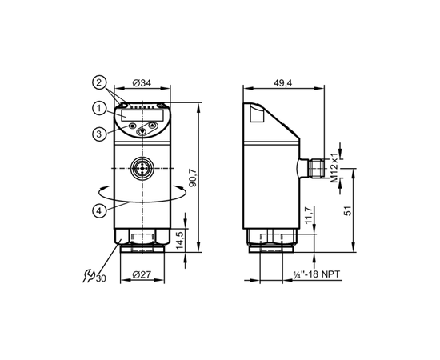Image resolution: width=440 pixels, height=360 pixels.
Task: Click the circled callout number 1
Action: (x=99, y=109)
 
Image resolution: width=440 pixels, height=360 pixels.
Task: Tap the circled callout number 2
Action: (x=99, y=82)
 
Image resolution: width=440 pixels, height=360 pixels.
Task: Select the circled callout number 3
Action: (x=99, y=134)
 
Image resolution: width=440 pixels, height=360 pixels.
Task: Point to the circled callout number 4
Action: (x=99, y=210)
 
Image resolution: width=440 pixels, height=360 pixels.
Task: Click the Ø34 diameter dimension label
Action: (x=142, y=83)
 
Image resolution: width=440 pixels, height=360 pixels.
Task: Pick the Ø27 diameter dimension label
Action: (x=142, y=274)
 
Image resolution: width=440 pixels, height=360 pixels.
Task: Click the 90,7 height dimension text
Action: (x=194, y=178)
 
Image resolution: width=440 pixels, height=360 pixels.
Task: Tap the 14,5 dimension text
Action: (x=180, y=240)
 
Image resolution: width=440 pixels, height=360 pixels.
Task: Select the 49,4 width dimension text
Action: (x=283, y=83)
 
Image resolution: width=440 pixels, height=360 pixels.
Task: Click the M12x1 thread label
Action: (x=334, y=168)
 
